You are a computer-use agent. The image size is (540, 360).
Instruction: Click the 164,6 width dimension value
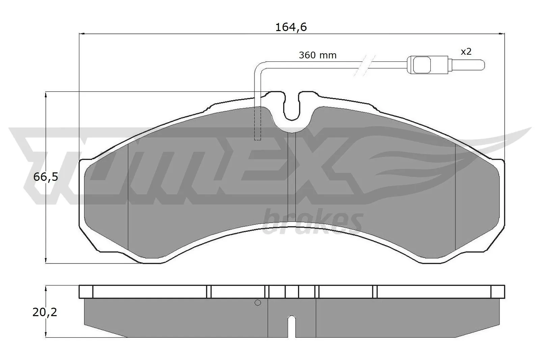pos(291,27)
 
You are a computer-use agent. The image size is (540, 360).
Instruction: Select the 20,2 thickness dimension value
pos(45,312)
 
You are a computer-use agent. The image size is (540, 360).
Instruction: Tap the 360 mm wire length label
pos(318,55)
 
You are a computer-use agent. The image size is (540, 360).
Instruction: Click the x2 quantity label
pos(466,52)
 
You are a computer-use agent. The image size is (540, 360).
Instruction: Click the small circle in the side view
pos(258,303)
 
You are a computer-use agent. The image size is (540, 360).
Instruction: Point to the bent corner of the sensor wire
pos(258,65)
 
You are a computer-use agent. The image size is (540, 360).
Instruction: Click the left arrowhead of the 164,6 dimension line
pos(81,33)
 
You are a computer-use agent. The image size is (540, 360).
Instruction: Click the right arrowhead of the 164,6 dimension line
pos(502,33)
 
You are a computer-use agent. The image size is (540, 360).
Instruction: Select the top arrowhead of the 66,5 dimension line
pos(46,94)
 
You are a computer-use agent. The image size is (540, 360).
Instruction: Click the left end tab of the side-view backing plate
pos(86,292)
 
